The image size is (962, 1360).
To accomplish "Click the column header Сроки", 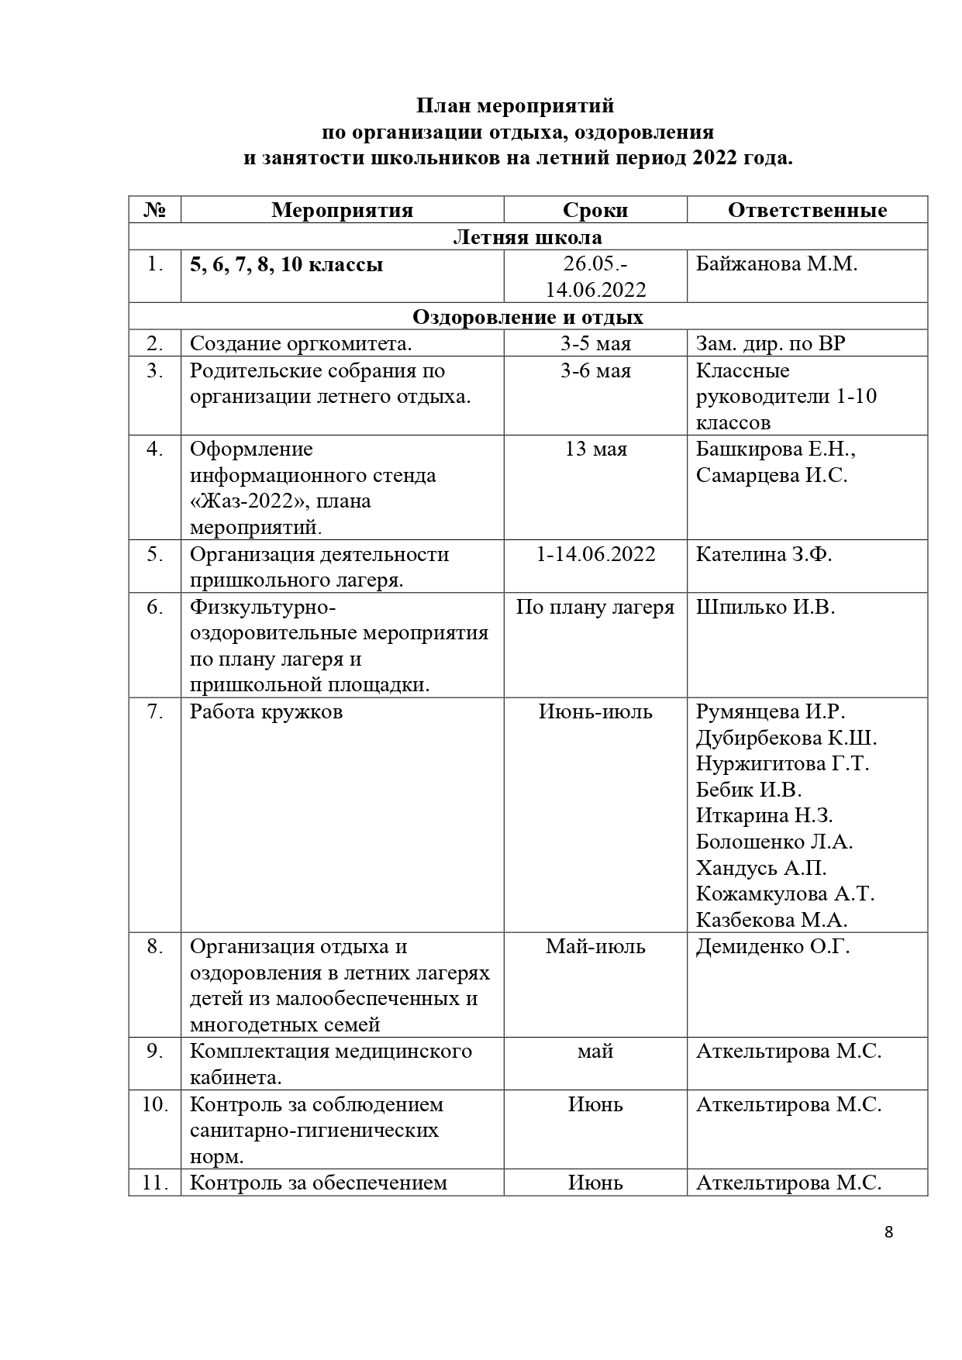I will (x=595, y=210).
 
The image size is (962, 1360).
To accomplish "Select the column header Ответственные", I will (x=807, y=210).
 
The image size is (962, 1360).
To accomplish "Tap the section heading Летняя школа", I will (x=527, y=236).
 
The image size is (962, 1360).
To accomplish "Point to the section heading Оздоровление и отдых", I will (x=527, y=317).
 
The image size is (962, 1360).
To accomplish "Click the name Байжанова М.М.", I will (x=777, y=264).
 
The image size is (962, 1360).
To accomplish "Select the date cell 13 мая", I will (x=595, y=449).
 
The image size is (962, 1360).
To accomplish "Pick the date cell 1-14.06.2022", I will (x=595, y=554).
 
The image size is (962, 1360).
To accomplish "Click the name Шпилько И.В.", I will (x=765, y=607).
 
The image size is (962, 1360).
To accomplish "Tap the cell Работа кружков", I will (x=266, y=711).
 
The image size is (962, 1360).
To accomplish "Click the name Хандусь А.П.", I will (x=761, y=868).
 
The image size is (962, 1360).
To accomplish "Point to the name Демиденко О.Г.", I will (x=773, y=946).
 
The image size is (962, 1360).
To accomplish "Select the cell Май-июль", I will (x=595, y=946).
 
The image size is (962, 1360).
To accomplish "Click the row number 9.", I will (x=154, y=1052).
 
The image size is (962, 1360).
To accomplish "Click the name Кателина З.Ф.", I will (x=764, y=554).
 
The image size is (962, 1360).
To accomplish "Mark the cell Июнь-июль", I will (x=595, y=711).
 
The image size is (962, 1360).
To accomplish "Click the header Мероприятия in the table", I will (x=342, y=210).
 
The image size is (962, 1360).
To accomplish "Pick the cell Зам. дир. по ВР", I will (x=771, y=343).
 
